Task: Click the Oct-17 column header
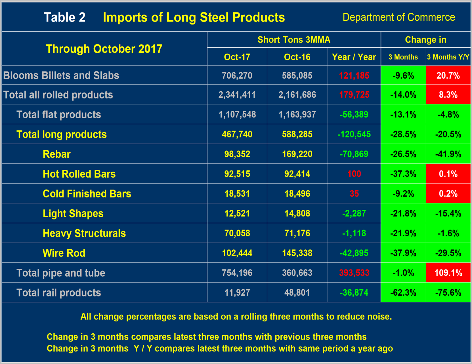pyautogui.click(x=237, y=57)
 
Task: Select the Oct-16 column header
pyautogui.click(x=297, y=57)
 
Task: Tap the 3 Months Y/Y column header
pyautogui.click(x=448, y=57)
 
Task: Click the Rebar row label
pyautogui.click(x=56, y=154)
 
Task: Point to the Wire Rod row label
pyautogui.click(x=64, y=253)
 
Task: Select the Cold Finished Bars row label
pyautogui.click(x=87, y=194)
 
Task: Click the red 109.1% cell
pyautogui.click(x=448, y=273)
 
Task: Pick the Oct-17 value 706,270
pyautogui.click(x=237, y=75)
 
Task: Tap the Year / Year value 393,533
pyautogui.click(x=354, y=273)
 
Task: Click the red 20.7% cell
pyautogui.click(x=448, y=75)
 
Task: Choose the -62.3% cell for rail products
pyautogui.click(x=403, y=293)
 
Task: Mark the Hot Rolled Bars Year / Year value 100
pyautogui.click(x=354, y=174)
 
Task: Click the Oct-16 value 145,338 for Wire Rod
pyautogui.click(x=297, y=253)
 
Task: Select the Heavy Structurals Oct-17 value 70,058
pyautogui.click(x=237, y=233)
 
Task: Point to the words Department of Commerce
pyautogui.click(x=398, y=17)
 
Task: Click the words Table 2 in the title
pyautogui.click(x=64, y=17)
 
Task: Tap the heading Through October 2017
pyautogui.click(x=104, y=49)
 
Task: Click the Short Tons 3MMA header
pyautogui.click(x=294, y=40)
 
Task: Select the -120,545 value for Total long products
pyautogui.click(x=354, y=134)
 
